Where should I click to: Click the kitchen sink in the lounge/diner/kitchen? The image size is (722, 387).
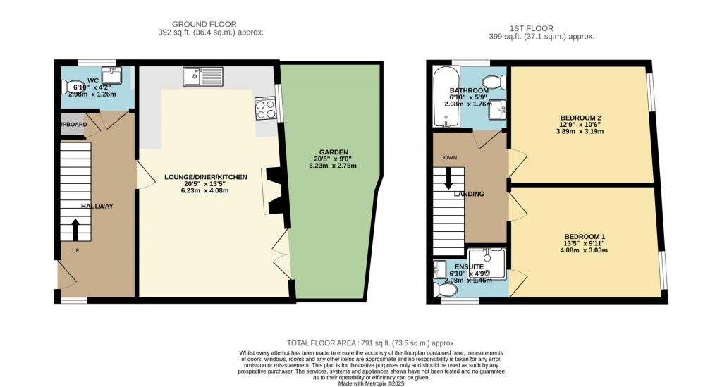point(203,76)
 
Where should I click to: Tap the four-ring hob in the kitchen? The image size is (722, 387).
point(266,109)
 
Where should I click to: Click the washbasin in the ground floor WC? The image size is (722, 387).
point(111,75)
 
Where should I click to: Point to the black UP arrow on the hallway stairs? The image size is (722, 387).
point(75,229)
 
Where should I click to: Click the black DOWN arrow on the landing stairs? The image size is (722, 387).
point(448,178)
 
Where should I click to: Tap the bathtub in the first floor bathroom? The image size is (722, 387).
point(446,97)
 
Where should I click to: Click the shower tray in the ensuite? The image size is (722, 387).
point(487,264)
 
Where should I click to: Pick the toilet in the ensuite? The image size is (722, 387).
point(445,290)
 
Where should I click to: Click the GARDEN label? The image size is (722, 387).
point(334,152)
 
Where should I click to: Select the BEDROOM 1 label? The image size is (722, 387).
point(585,237)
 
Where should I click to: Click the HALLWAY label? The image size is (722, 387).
point(97,206)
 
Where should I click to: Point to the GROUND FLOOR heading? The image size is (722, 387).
point(204,24)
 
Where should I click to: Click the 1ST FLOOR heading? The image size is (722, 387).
point(532,28)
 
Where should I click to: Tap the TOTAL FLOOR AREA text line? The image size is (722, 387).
point(371,343)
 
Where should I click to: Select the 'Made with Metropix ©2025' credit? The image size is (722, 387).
point(371,383)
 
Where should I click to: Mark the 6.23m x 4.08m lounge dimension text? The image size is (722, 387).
point(205,190)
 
